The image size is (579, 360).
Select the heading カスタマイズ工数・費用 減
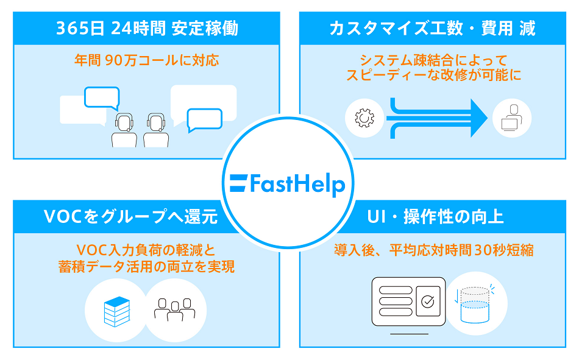click(x=432, y=29)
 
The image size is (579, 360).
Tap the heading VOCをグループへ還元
click(x=131, y=217)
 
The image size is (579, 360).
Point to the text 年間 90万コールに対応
click(x=147, y=61)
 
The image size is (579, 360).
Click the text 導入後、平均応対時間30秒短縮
click(x=433, y=250)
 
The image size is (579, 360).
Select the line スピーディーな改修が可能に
click(x=433, y=76)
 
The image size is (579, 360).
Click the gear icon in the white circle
click(x=364, y=118)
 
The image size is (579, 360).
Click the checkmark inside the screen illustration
click(x=428, y=301)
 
